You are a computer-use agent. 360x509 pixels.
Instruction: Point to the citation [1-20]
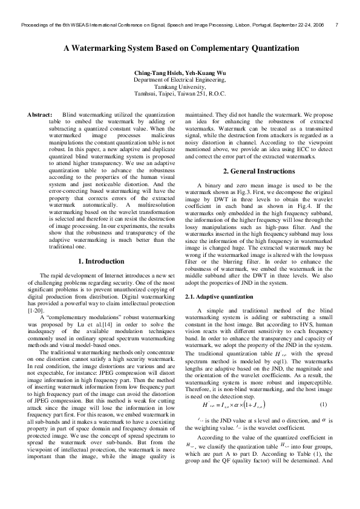pyautogui.click(x=38, y=310)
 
